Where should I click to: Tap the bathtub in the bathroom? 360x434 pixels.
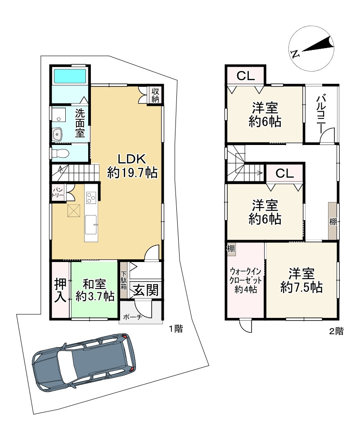pyautogui.click(x=70, y=76)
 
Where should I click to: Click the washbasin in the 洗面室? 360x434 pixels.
pyautogui.click(x=58, y=135)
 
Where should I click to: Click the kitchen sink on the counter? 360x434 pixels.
pyautogui.click(x=91, y=225)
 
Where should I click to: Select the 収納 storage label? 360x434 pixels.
pyautogui.click(x=155, y=95)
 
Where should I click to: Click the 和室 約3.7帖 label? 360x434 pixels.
pyautogui.click(x=94, y=290)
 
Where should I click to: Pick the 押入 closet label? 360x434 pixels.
pyautogui.click(x=60, y=290)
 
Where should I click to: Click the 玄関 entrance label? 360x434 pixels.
pyautogui.click(x=146, y=290)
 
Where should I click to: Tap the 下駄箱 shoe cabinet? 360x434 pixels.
pyautogui.click(x=123, y=280)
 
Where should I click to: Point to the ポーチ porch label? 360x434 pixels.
pyautogui.click(x=133, y=317)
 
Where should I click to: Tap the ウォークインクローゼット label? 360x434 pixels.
pyautogui.click(x=245, y=280)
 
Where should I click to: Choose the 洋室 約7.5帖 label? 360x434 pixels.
pyautogui.click(x=301, y=280)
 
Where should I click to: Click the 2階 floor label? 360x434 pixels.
pyautogui.click(x=336, y=331)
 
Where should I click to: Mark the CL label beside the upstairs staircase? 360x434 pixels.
pyautogui.click(x=284, y=173)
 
